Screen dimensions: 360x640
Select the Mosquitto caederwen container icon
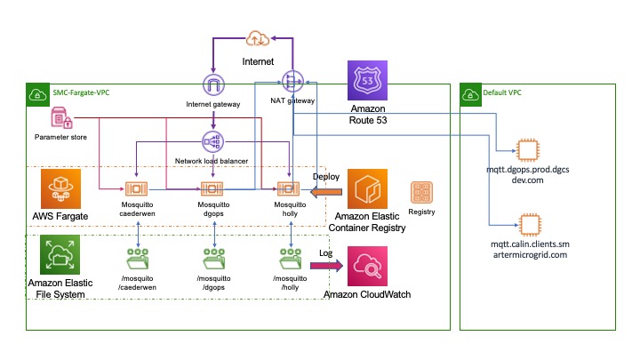(x=136, y=188)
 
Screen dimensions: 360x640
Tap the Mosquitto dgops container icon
(x=213, y=188)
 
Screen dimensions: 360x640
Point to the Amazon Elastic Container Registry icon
(x=367, y=190)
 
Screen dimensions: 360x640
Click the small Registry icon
(x=420, y=192)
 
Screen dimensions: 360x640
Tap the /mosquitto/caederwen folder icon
(x=136, y=258)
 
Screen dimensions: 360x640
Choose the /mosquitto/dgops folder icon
(x=213, y=258)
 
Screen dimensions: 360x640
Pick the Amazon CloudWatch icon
(x=367, y=266)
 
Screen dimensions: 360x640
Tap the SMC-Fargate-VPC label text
(x=78, y=92)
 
